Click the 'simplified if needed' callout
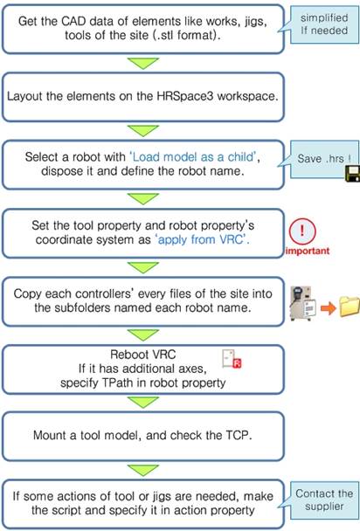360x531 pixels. [x=324, y=24]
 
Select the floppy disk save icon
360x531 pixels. [x=352, y=174]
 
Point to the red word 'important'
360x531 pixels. [x=308, y=251]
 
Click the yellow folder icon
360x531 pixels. [x=350, y=307]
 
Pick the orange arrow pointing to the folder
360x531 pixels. [x=328, y=308]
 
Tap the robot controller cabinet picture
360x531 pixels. [x=302, y=303]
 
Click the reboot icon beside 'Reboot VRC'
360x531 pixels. [x=232, y=359]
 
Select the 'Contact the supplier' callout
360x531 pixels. [x=324, y=500]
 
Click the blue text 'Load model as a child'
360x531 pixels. [x=193, y=157]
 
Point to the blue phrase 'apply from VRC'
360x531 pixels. [x=201, y=239]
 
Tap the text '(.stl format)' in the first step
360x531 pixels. [x=185, y=35]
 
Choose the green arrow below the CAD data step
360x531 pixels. [x=143, y=64]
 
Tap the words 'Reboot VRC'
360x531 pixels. [x=143, y=355]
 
